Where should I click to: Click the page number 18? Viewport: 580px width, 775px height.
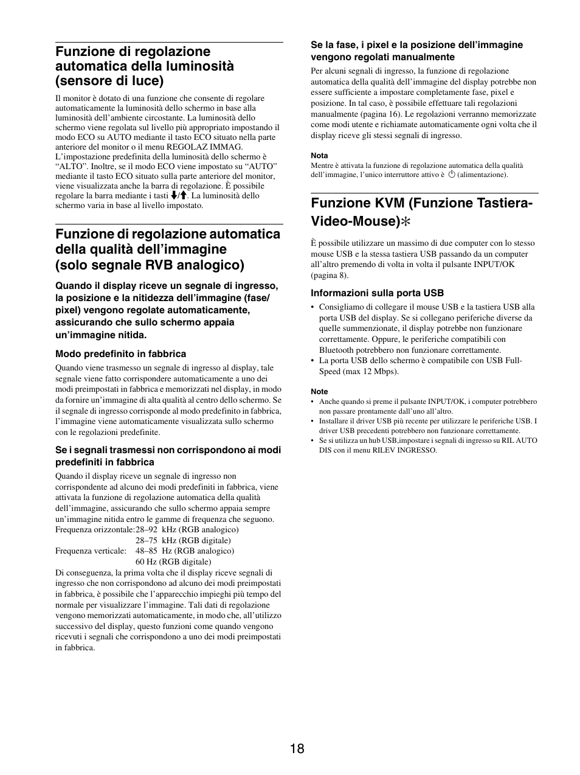pos(297,748)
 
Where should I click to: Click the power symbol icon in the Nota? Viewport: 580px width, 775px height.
pos(452,175)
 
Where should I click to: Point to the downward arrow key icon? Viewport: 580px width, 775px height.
pos(174,196)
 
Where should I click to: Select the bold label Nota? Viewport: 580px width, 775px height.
pos(319,156)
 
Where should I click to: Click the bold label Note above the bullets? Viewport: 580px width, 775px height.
pos(319,392)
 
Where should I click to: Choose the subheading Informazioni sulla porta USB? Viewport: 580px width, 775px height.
pos(377,293)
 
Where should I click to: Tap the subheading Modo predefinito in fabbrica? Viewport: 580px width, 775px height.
pos(120,354)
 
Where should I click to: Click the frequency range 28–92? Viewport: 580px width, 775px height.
pos(144,529)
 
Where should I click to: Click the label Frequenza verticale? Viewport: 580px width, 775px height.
pos(90,551)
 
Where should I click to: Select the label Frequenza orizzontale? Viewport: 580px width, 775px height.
pos(95,529)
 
